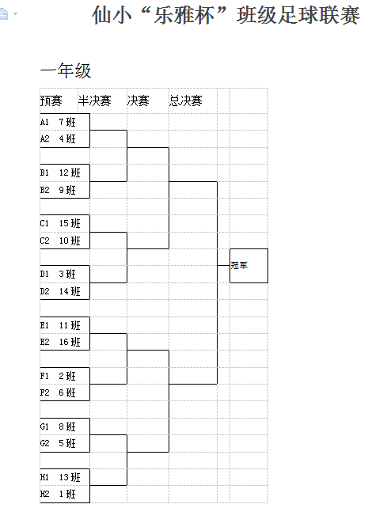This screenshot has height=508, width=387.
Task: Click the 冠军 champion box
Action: (x=249, y=266)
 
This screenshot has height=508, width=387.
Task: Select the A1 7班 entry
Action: (x=58, y=122)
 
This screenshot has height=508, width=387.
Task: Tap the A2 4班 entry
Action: (x=58, y=139)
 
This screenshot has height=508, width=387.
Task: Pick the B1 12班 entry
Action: (x=60, y=172)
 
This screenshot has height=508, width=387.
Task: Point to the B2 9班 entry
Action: (x=58, y=190)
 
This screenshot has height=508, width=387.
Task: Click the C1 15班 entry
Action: (x=60, y=224)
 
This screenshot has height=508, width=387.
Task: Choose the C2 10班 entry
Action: (x=60, y=241)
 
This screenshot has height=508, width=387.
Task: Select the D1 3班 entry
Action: (x=58, y=274)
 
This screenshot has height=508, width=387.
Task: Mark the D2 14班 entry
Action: (x=60, y=291)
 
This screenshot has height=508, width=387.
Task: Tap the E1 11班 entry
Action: (x=60, y=325)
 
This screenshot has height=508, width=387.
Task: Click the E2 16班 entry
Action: (x=60, y=342)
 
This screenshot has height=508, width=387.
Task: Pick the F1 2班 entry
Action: (x=58, y=376)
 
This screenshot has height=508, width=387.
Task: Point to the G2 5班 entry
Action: (x=58, y=443)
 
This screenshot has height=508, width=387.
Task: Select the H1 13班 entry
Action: (x=60, y=477)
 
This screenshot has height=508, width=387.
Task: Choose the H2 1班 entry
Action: (x=58, y=494)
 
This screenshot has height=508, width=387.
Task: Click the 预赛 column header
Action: (x=51, y=100)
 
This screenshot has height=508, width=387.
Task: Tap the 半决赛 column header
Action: (x=95, y=100)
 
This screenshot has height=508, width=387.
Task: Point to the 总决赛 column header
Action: (x=186, y=100)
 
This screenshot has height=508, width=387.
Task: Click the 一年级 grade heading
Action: (x=66, y=70)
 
